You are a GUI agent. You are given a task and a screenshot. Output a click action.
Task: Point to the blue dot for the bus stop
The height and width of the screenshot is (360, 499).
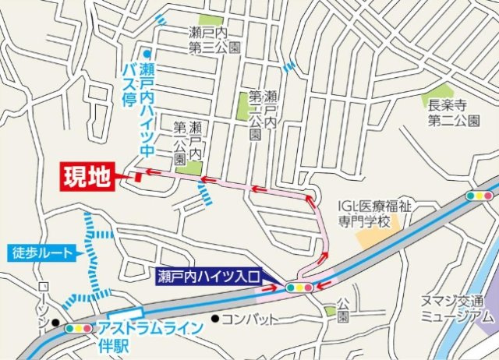(146, 53)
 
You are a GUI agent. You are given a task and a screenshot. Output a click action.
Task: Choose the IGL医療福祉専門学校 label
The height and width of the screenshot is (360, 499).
(375, 212)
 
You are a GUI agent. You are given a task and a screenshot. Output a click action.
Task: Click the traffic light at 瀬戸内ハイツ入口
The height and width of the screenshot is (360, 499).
(299, 288)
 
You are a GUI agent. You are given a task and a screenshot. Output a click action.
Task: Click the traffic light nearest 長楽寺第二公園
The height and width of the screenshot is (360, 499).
(478, 196)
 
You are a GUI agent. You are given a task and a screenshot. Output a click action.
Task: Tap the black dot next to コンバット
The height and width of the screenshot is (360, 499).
(214, 319)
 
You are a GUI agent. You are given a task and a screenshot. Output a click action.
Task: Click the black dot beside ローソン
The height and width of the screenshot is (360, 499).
(55, 321)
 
